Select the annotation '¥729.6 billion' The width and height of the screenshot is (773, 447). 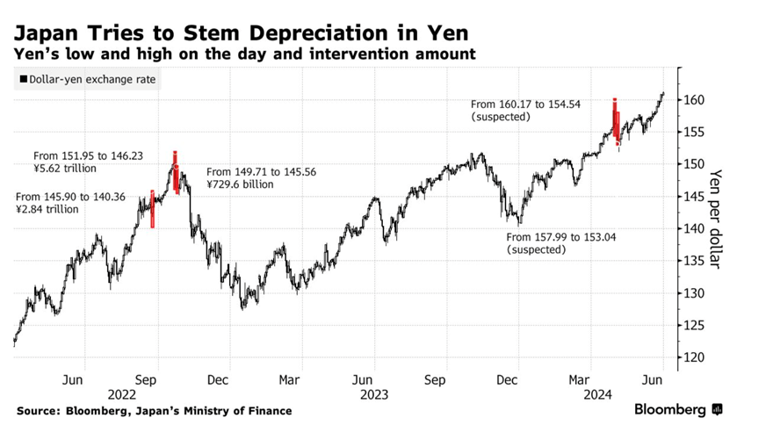pyautogui.click(x=240, y=184)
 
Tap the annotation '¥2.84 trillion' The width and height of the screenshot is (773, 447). pyautogui.click(x=47, y=209)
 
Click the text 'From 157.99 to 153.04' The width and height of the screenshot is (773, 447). pyautogui.click(x=561, y=237)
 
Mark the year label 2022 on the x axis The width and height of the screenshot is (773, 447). pyautogui.click(x=121, y=394)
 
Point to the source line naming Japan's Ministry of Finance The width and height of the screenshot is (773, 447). pyautogui.click(x=154, y=411)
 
